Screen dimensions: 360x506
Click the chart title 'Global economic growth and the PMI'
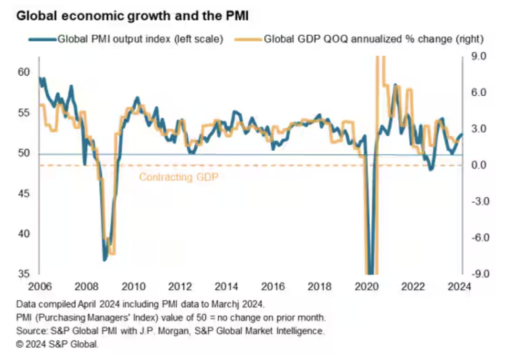(x=133, y=15)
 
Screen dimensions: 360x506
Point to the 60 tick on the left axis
(x=23, y=72)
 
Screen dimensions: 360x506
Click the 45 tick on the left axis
(x=23, y=193)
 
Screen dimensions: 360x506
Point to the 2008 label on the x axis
(x=85, y=287)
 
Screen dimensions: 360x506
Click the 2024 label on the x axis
(x=460, y=287)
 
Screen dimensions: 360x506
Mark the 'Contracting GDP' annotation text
(x=181, y=177)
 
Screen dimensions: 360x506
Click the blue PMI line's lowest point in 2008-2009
(x=105, y=260)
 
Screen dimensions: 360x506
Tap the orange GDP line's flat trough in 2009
(x=112, y=253)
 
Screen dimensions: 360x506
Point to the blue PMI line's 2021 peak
(x=395, y=85)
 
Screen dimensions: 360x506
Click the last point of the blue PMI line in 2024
(x=462, y=135)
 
